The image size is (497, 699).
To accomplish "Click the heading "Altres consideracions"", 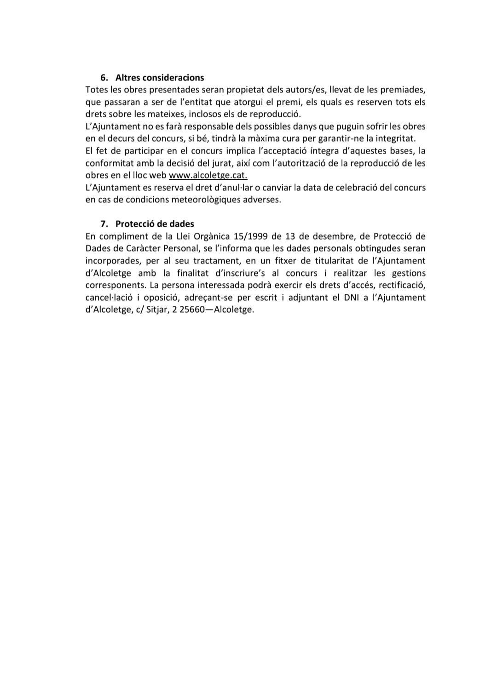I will pos(160,77).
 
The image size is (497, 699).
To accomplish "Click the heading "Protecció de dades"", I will pos(155,224).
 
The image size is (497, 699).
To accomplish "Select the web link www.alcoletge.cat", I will pos(208,175).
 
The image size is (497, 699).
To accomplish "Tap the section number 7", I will pos(104,224).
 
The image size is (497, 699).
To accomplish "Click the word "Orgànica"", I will pos(209,236).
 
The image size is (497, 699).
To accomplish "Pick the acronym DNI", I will pos(353,298).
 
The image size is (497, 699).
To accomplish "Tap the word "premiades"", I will pos(404,90).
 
